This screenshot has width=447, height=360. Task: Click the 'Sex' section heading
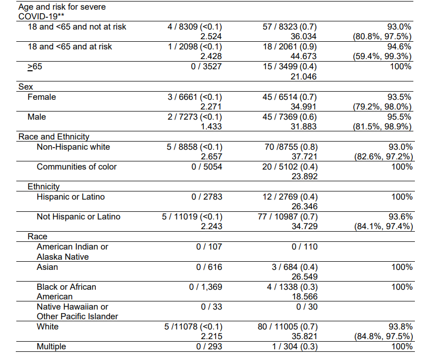[x=25, y=87]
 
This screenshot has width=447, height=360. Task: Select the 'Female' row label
[x=42, y=97]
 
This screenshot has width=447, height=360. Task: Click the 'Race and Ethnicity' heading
[x=54, y=136]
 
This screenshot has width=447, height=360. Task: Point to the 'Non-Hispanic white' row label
[x=73, y=147]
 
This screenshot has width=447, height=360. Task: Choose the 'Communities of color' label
[x=76, y=167]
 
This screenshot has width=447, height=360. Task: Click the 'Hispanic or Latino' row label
[x=71, y=197]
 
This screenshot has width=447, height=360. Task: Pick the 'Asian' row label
[x=47, y=267]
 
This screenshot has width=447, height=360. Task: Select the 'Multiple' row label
[x=51, y=346]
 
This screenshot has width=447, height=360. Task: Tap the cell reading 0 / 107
[x=209, y=247]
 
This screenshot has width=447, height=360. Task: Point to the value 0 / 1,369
[x=205, y=287]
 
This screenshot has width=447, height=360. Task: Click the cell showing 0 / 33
[x=212, y=307]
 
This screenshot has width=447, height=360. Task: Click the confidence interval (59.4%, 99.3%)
[x=382, y=57]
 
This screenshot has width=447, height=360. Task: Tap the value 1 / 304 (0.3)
[x=290, y=346]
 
